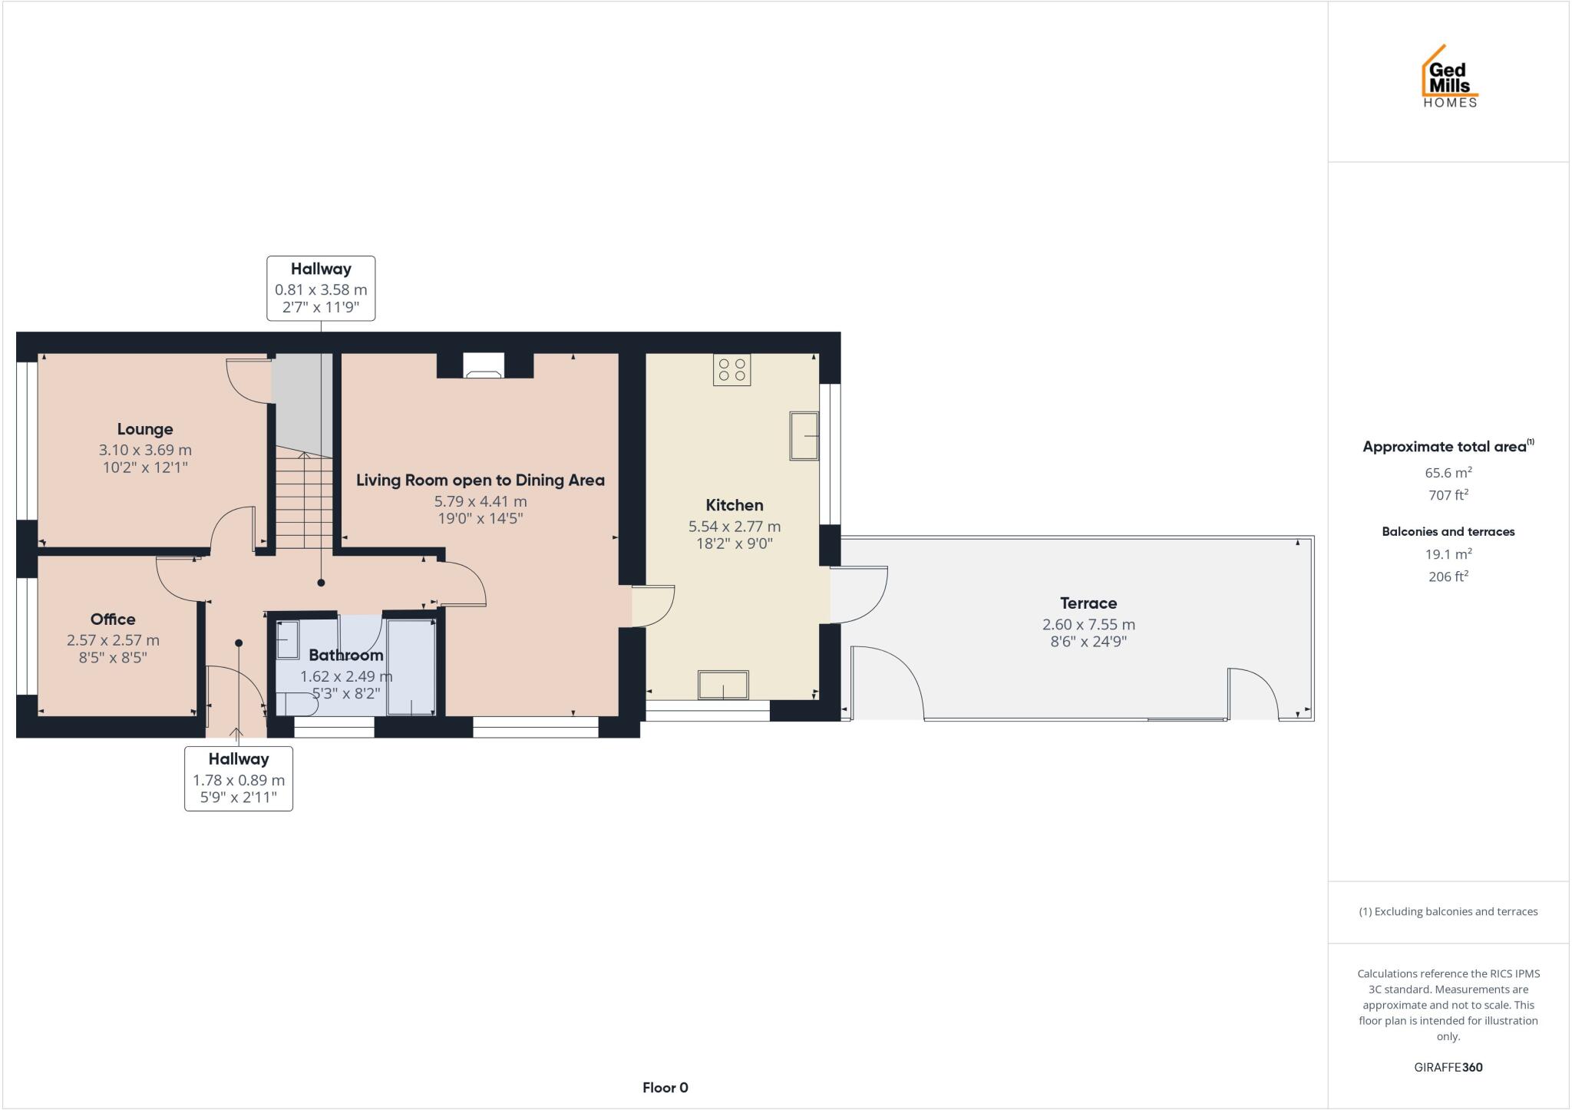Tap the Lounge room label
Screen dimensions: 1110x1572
point(145,429)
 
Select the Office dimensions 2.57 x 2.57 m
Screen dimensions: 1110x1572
point(113,639)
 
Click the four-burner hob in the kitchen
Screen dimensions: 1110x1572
point(732,369)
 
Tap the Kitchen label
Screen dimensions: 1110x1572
point(735,505)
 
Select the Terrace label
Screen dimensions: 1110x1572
point(1088,603)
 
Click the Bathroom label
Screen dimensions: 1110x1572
point(345,655)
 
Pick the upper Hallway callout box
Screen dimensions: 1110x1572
point(321,288)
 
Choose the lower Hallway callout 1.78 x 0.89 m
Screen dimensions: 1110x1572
point(239,780)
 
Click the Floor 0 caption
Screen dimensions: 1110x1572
point(665,1087)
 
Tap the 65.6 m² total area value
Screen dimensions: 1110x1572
point(1448,473)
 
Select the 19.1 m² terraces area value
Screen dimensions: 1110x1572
point(1448,553)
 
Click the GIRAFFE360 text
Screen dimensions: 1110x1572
point(1448,1067)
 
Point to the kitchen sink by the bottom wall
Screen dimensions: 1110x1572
point(722,685)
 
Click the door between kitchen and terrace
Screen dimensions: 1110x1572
point(858,595)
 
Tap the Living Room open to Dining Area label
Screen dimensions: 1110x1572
point(480,481)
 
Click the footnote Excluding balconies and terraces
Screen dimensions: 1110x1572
point(1448,912)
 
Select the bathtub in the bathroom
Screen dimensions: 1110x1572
point(411,666)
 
